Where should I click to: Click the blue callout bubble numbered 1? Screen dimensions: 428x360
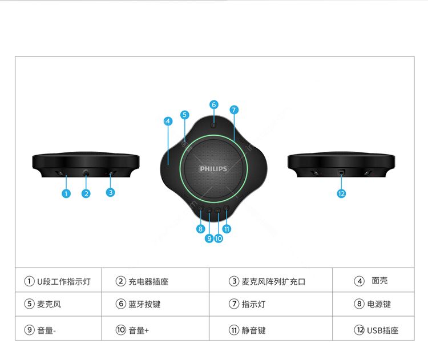pyautogui.click(x=66, y=193)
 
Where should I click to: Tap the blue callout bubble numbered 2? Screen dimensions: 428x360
pyautogui.click(x=86, y=193)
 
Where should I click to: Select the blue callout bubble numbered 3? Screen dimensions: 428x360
pyautogui.click(x=110, y=192)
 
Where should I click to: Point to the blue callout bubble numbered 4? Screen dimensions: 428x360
pyautogui.click(x=168, y=121)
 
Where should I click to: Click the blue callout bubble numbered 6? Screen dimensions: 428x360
pyautogui.click(x=214, y=104)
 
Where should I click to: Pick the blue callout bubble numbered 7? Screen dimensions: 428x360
pyautogui.click(x=233, y=110)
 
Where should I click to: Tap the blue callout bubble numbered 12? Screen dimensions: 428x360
pyautogui.click(x=341, y=193)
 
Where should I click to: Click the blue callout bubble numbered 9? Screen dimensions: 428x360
pyautogui.click(x=209, y=238)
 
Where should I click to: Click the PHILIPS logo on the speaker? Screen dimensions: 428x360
pyautogui.click(x=213, y=169)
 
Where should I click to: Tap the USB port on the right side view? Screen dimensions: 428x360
pyautogui.click(x=341, y=172)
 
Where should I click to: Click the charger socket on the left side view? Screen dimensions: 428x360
pyautogui.click(x=86, y=172)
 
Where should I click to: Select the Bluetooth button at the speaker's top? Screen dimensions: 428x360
pyautogui.click(x=213, y=126)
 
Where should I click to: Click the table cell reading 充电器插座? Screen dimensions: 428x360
pyautogui.click(x=156, y=280)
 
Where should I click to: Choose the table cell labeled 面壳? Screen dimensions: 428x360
pyautogui.click(x=373, y=280)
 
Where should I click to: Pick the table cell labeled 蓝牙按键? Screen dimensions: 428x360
pyautogui.click(x=156, y=304)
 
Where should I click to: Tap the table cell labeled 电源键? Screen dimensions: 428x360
pyautogui.click(x=373, y=304)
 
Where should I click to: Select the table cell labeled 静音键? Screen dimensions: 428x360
pyautogui.click(x=270, y=329)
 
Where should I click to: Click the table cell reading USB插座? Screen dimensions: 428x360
pyautogui.click(x=373, y=329)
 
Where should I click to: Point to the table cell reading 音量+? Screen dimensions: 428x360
pyautogui.click(x=156, y=329)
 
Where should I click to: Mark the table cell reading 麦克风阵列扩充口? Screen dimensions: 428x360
pyautogui.click(x=270, y=280)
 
